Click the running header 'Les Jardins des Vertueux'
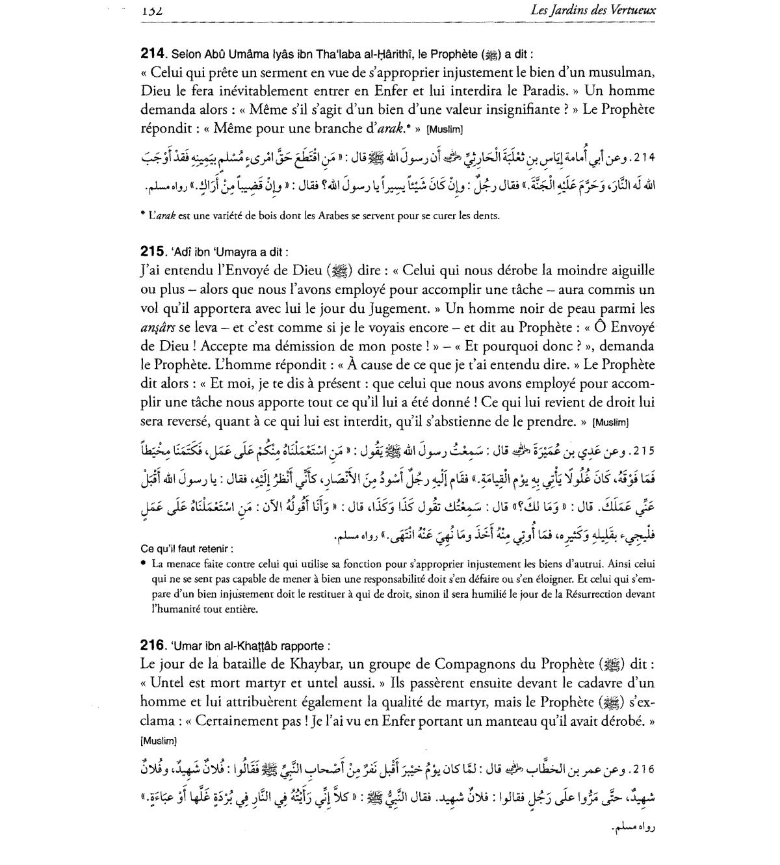(593, 10)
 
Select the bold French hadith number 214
(154, 54)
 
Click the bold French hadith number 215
(154, 252)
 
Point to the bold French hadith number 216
(154, 645)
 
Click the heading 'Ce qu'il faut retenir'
(187, 548)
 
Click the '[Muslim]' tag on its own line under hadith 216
(158, 741)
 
